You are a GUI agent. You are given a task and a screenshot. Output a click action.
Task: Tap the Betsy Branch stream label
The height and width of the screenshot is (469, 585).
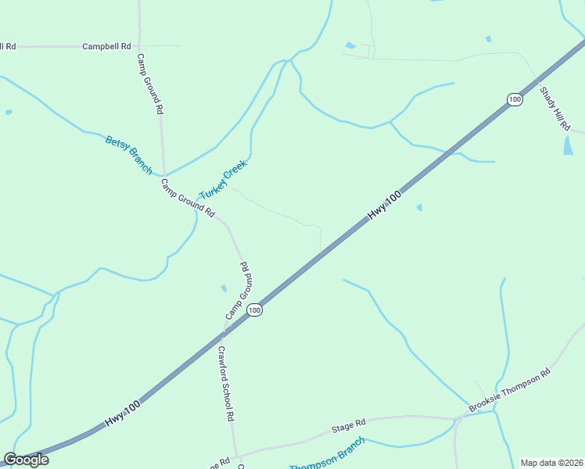[x=128, y=155]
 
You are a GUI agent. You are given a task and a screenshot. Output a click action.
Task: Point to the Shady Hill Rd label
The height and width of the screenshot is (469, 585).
[x=554, y=108]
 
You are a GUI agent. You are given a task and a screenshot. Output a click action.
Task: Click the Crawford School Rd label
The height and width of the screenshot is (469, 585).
[x=226, y=383]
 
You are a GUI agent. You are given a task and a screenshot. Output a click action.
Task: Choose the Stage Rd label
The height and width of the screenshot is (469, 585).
[x=349, y=425]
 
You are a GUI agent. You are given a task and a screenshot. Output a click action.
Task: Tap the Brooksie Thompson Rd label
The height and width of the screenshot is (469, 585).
[x=510, y=390]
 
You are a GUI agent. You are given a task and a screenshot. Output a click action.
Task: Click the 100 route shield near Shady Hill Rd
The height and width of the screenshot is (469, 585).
[x=514, y=99]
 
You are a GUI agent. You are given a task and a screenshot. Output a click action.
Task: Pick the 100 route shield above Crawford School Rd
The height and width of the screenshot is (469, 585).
[x=254, y=310]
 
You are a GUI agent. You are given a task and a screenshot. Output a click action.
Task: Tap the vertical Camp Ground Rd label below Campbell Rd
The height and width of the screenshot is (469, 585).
[x=149, y=84]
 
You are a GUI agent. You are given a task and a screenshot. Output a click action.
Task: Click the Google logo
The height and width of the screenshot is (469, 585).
[x=26, y=460]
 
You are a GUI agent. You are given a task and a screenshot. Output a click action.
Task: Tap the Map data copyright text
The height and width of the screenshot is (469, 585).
[x=551, y=463]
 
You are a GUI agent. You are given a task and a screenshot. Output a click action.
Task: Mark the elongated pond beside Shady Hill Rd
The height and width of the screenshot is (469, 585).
[x=568, y=145]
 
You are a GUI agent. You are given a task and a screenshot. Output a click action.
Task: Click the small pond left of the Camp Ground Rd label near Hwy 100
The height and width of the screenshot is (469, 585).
[x=224, y=288]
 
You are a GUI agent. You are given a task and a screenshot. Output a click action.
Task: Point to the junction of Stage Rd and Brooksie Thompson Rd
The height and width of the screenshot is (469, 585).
[x=461, y=417]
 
